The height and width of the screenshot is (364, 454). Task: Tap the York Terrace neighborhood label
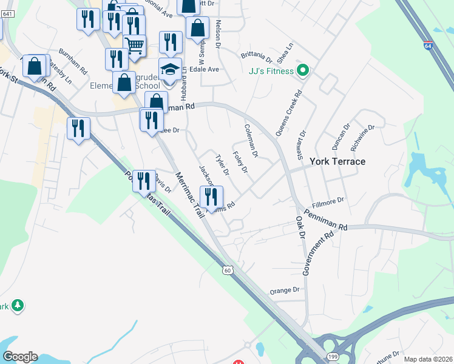pos(337,161)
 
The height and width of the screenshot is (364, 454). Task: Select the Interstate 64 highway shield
pos(429,45)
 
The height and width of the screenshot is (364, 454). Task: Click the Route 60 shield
pos(227,269)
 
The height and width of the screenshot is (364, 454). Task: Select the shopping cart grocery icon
pos(134,44)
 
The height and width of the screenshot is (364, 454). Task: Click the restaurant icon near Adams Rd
pos(211,197)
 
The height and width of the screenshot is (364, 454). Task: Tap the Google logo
pos(20,357)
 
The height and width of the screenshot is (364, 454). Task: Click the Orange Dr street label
pos(285,291)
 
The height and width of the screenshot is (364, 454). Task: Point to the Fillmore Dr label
pos(328,200)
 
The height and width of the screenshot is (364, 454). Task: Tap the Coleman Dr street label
pos(251,140)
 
